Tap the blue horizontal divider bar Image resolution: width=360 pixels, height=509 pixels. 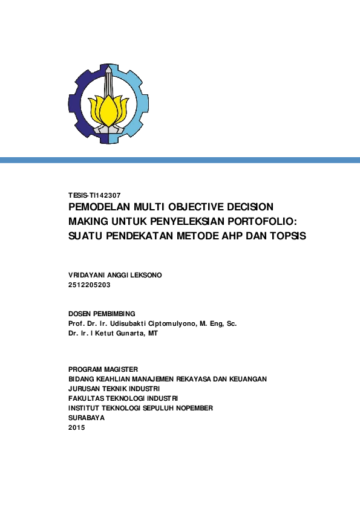(180, 160)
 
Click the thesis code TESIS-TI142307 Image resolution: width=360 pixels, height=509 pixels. (95, 195)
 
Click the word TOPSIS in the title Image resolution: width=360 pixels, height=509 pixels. (286, 236)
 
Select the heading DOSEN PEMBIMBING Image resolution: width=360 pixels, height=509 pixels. (102, 314)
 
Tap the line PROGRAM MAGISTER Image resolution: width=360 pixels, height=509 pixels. (103, 369)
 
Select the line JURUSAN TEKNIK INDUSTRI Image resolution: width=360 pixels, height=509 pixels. (114, 389)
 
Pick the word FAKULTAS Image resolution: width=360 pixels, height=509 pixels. (87, 398)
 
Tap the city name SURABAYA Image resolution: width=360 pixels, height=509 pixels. (87, 418)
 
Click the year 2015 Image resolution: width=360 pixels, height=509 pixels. (77, 427)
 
